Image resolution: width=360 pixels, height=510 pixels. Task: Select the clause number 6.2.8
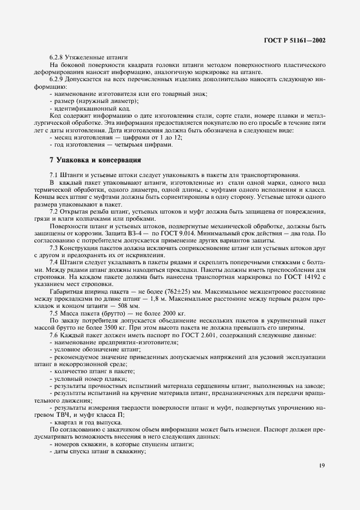(57, 57)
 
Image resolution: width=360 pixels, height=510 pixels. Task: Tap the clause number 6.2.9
(57, 80)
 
